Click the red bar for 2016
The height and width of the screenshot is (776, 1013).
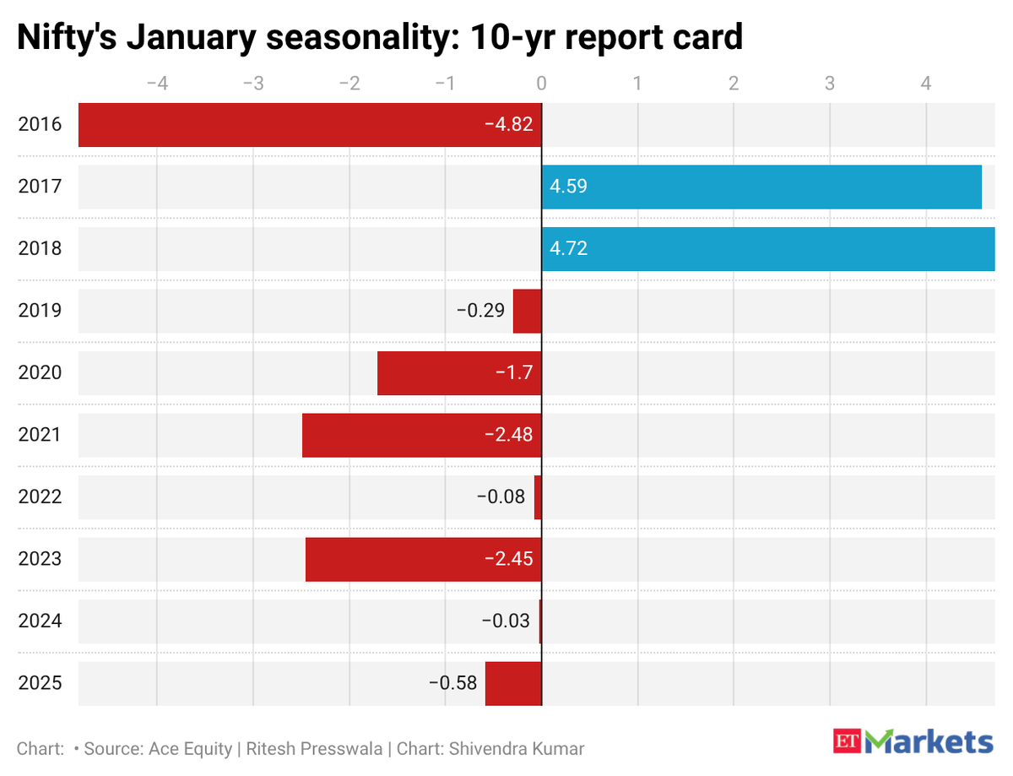click(310, 125)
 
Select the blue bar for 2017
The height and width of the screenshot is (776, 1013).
click(761, 187)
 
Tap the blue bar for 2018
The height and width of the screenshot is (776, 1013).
click(768, 249)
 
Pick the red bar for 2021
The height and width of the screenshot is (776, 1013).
click(421, 435)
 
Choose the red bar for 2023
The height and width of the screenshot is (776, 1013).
click(423, 559)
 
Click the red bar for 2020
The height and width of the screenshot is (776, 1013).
click(459, 373)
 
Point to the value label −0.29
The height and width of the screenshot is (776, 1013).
click(481, 311)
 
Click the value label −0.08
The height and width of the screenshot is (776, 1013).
click(502, 497)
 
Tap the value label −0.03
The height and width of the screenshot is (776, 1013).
click(506, 621)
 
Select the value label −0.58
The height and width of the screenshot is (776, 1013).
click(452, 683)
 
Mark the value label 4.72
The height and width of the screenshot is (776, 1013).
click(568, 249)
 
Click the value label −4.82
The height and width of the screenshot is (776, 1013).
click(508, 125)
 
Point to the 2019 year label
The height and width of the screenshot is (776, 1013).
click(40, 311)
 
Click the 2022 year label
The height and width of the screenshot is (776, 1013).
click(40, 497)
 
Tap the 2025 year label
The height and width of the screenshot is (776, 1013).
click(40, 683)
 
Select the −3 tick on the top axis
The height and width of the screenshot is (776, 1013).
click(252, 84)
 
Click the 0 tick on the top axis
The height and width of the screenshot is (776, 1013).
click(541, 84)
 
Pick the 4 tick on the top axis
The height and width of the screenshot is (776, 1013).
click(926, 84)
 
